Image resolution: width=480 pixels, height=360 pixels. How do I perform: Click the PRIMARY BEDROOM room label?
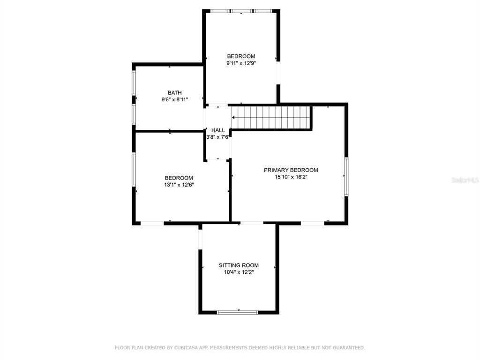point(291,170)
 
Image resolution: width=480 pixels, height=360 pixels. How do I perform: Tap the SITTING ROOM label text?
point(239,265)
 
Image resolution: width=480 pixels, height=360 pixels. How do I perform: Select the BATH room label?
point(175,93)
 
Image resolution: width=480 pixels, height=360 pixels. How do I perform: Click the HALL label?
point(218,130)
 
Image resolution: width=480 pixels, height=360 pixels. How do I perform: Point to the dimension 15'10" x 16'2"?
point(291,177)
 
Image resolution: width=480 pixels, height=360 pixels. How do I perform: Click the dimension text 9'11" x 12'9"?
point(241,63)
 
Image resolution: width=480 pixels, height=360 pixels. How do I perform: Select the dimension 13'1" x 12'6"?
point(179,185)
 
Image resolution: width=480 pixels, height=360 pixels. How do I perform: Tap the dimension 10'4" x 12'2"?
point(239,272)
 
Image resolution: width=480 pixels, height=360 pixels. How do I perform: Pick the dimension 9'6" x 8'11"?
point(175,99)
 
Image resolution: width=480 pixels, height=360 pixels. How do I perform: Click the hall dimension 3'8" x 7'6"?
point(218,137)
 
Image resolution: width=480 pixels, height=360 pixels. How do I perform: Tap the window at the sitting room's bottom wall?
point(238,312)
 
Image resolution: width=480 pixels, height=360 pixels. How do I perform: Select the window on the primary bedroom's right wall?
point(346,176)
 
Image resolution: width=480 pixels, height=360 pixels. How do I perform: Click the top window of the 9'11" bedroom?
point(240,11)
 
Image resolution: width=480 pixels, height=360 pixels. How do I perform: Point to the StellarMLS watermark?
point(465,180)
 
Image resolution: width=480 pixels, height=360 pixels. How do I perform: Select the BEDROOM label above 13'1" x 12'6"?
point(179,178)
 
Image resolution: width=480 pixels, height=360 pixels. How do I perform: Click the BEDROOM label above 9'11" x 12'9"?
point(241,56)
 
